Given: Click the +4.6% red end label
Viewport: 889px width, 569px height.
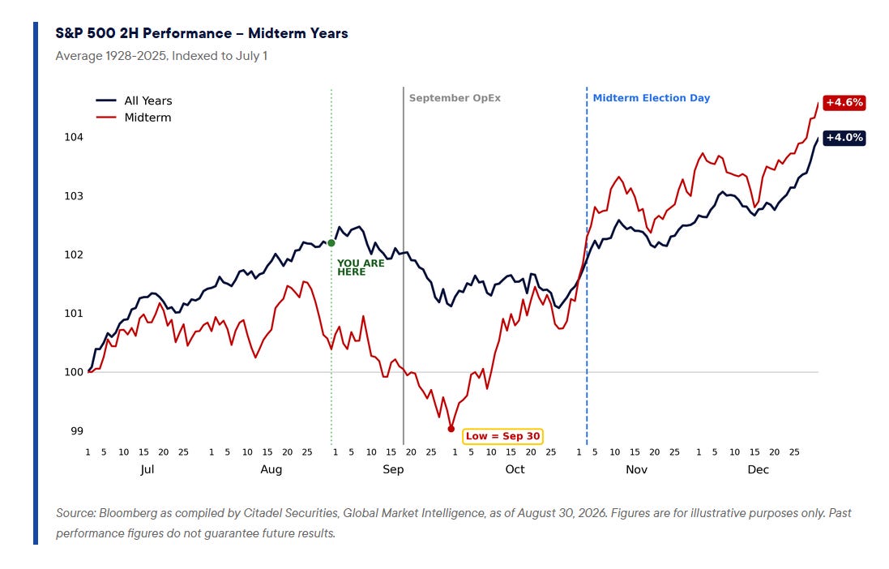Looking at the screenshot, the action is point(844,103).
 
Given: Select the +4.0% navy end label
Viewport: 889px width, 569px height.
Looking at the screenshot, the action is point(844,138).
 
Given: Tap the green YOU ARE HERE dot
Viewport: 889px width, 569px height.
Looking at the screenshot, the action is point(331,243).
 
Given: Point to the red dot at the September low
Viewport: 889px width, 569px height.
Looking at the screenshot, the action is point(451,429).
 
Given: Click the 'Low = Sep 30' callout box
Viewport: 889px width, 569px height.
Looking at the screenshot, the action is point(503,436).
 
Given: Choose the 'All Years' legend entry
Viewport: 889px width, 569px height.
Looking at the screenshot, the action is point(134,101).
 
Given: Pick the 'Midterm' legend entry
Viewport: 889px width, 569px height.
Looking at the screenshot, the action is point(133,118).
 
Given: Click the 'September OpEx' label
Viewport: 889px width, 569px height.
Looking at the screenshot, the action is point(455,98).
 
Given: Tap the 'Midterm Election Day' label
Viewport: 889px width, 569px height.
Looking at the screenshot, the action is point(652,98).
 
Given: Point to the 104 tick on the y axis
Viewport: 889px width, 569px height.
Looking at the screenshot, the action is point(74,137).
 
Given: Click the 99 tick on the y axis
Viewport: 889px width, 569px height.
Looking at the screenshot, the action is point(76,431).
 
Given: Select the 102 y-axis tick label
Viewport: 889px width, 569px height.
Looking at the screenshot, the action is point(74,255).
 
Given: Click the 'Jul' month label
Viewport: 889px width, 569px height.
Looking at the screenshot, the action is point(147,470).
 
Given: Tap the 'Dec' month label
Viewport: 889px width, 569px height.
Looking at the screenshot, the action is point(758,470).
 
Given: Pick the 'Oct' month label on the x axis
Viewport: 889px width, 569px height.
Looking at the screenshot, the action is point(515,470).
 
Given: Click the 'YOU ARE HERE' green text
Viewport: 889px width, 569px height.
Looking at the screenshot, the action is point(361,267).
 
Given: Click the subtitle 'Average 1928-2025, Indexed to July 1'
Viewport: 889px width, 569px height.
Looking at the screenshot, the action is point(161,56).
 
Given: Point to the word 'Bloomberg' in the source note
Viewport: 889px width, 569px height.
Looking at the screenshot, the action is point(128,513).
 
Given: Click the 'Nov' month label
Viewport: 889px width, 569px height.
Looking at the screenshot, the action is point(636,470).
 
